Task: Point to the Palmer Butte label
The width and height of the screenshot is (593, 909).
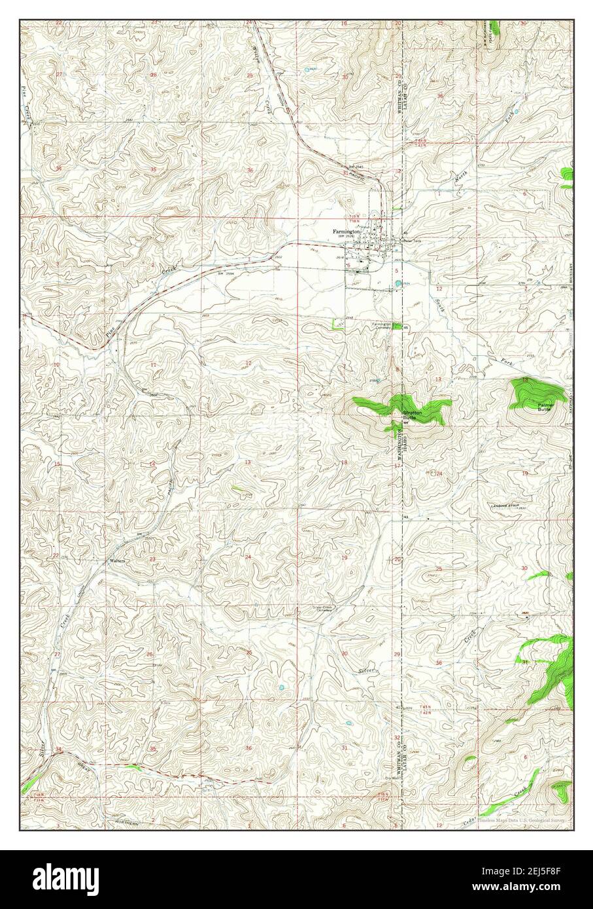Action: pyautogui.click(x=546, y=407)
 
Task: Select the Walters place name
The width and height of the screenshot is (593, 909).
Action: pyautogui.click(x=117, y=561)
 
